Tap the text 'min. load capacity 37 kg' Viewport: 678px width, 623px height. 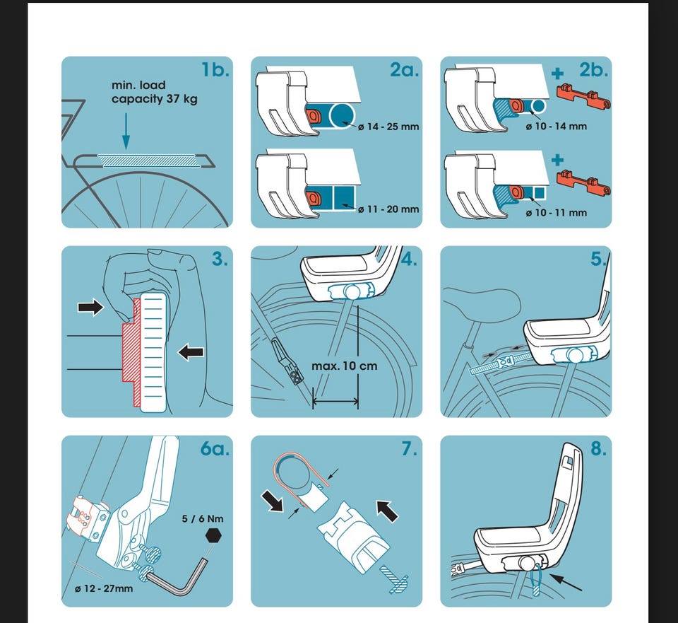tap(155, 92)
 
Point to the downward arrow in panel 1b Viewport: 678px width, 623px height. tap(125, 132)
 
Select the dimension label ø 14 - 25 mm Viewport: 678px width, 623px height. tap(389, 127)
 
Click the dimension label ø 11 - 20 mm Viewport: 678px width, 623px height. tap(388, 209)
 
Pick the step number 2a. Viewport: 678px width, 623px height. tap(403, 70)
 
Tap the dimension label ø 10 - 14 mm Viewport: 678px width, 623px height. tap(557, 127)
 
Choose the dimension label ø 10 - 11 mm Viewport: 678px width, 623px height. tap(557, 212)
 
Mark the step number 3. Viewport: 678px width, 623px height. tap(220, 259)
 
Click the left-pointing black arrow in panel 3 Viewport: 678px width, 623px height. tap(190, 351)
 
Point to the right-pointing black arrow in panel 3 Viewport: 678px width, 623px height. tap(90, 306)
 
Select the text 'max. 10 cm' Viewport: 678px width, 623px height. tap(345, 366)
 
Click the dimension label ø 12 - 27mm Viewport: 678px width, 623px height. tap(102, 588)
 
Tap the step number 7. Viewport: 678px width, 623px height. tap(410, 448)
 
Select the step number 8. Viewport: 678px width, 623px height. tap(598, 448)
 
